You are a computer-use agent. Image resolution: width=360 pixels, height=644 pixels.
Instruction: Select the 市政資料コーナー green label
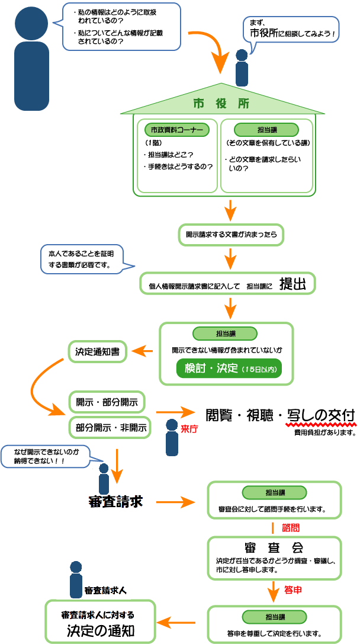point(176,129)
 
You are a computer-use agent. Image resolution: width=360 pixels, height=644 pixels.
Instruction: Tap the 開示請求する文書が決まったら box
point(231,235)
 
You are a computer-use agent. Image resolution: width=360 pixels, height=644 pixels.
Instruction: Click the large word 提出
point(292,284)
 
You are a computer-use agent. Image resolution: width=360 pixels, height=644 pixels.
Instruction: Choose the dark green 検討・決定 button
point(229,368)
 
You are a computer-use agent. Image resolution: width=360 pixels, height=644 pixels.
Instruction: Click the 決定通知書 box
point(98,351)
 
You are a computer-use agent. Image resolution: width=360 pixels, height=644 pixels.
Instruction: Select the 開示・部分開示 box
point(107,402)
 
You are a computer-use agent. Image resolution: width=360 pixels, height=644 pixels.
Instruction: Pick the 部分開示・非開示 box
point(110,427)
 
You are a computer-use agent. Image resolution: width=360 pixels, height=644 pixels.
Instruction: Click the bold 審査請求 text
point(115,501)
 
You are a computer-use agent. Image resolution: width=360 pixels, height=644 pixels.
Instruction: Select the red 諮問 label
point(291,527)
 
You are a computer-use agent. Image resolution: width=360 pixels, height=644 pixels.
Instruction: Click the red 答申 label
point(294,590)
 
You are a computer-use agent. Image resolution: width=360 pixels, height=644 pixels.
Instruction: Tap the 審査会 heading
point(274,546)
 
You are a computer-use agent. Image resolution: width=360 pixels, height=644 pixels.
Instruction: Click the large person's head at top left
point(31,22)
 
